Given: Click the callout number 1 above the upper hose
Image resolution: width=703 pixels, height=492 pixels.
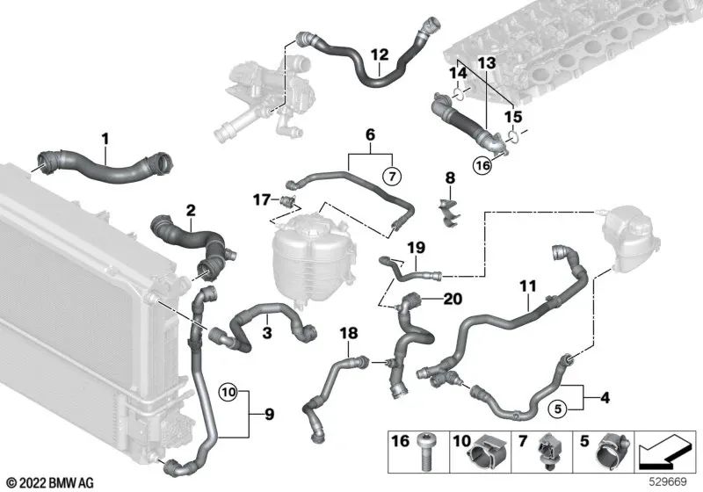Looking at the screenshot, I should [x=105, y=138].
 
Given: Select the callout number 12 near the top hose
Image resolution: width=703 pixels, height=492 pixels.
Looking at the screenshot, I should [x=379, y=54].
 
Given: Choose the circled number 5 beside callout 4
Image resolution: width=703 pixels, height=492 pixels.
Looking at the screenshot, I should [x=555, y=407].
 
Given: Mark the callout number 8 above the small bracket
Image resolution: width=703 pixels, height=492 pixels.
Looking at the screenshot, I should [x=450, y=178].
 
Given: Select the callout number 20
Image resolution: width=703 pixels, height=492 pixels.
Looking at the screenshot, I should [x=453, y=300].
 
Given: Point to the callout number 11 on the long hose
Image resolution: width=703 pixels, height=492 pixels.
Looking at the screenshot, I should [x=526, y=286].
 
